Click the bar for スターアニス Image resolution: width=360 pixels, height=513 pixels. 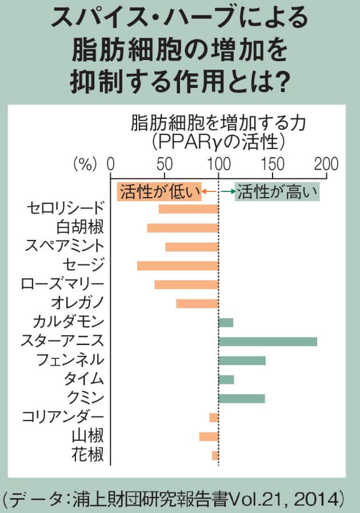[x=267, y=342]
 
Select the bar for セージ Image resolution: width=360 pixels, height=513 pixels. [x=178, y=266]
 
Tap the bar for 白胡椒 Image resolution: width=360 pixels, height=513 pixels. [x=183, y=228]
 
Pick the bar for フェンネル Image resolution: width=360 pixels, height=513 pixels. [x=242, y=360]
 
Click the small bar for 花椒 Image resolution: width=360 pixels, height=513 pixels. [x=215, y=455]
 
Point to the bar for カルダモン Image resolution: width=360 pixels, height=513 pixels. [x=226, y=323]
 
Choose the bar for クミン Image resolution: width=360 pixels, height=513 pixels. [x=241, y=398]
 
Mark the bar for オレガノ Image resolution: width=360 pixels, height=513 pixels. [x=197, y=303]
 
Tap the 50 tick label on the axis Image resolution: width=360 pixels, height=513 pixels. [x=165, y=164]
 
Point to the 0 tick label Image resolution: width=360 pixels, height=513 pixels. [x=111, y=164]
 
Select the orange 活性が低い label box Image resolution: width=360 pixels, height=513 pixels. [x=159, y=191]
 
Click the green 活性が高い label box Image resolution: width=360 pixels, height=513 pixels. [x=278, y=191]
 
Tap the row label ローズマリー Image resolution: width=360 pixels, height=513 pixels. [x=62, y=284]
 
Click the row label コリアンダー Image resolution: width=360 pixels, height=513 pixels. [x=62, y=417]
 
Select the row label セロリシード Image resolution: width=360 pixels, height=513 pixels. [x=66, y=209]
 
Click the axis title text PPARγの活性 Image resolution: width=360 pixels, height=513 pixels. [x=219, y=139]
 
